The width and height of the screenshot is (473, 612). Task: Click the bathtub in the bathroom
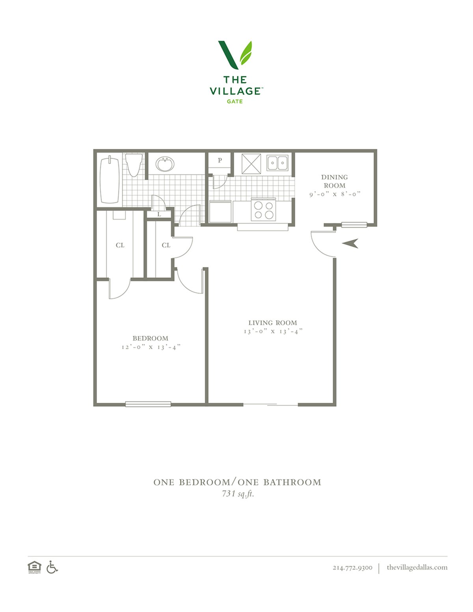(x=110, y=180)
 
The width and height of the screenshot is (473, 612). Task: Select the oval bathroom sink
(x=165, y=164)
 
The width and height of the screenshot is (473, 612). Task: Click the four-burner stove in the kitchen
(x=263, y=210)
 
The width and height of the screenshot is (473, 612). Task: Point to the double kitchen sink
(x=277, y=163)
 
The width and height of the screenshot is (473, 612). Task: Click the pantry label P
(x=220, y=160)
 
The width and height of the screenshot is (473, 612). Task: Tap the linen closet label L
(x=159, y=214)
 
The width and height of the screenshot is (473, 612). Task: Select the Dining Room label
(x=334, y=181)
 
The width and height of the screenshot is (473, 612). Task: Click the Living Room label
(x=273, y=322)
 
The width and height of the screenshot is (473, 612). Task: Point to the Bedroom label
(x=151, y=338)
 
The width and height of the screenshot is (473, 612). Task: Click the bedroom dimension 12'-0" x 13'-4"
(x=151, y=347)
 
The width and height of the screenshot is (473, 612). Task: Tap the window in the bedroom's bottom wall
(x=148, y=404)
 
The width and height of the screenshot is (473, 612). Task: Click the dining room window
(x=354, y=225)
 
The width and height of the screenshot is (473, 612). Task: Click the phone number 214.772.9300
(x=352, y=567)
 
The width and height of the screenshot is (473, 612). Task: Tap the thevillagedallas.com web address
(x=417, y=567)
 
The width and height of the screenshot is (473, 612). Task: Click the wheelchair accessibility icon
(x=52, y=567)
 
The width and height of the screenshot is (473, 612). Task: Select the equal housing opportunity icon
(x=34, y=567)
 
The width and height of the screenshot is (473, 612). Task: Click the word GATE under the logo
(x=235, y=101)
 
